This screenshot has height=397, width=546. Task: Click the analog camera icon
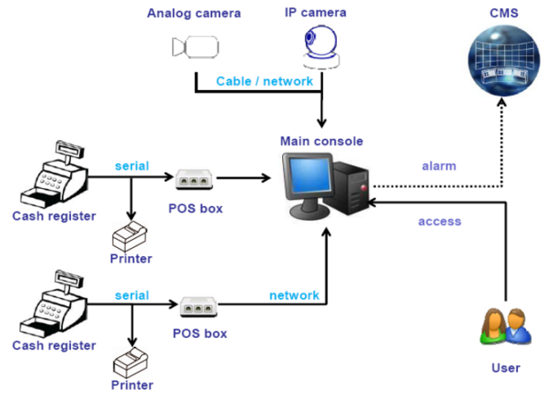tap(194, 47)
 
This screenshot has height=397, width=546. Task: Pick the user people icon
tap(502, 328)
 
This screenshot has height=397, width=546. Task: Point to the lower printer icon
tap(132, 362)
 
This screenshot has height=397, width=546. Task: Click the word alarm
tap(439, 166)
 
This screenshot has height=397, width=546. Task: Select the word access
tap(440, 221)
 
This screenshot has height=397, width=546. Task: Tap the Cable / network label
tap(264, 81)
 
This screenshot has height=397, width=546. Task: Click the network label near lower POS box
tap(294, 295)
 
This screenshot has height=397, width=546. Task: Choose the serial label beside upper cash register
tap(131, 166)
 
